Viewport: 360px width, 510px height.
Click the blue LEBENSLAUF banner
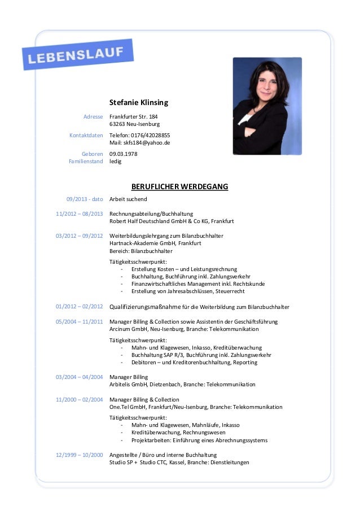[77, 54]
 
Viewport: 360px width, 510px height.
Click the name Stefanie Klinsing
[139, 103]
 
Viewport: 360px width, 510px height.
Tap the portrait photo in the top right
[267, 106]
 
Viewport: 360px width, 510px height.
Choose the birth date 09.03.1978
[123, 154]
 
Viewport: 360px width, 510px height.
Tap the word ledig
[115, 161]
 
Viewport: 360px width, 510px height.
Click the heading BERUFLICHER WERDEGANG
[179, 186]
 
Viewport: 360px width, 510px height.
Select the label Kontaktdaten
[86, 136]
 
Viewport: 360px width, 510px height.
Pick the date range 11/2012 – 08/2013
[79, 214]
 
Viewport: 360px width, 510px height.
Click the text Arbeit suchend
[128, 199]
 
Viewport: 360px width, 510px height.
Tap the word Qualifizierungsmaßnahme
[145, 307]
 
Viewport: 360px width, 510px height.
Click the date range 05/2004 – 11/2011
[79, 321]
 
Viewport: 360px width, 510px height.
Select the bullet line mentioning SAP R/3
[201, 355]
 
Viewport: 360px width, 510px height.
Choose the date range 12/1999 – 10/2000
[79, 455]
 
